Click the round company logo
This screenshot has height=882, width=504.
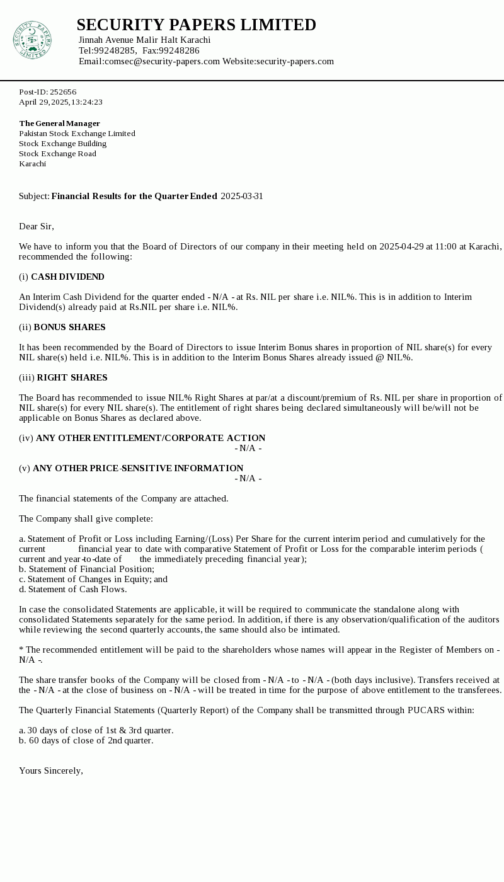[31, 40]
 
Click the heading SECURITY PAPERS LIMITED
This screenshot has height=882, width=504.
[196, 25]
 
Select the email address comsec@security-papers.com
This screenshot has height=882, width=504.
[162, 61]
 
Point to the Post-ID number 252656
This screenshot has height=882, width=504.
[63, 92]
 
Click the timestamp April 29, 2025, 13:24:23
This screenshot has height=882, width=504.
[60, 102]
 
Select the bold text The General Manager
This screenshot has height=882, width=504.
[59, 123]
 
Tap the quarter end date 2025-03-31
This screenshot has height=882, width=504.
[241, 196]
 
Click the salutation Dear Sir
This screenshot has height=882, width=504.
[37, 226]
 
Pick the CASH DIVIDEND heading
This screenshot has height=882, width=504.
[67, 277]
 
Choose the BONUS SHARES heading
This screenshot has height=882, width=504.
[69, 327]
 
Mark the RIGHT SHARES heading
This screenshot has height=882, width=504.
[72, 377]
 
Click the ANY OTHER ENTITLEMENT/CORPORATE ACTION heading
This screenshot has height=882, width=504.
[151, 438]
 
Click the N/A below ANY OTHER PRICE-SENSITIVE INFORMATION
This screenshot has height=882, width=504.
[248, 478]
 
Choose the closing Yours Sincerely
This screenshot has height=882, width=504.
[51, 770]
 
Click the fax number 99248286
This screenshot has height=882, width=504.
[179, 50]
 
